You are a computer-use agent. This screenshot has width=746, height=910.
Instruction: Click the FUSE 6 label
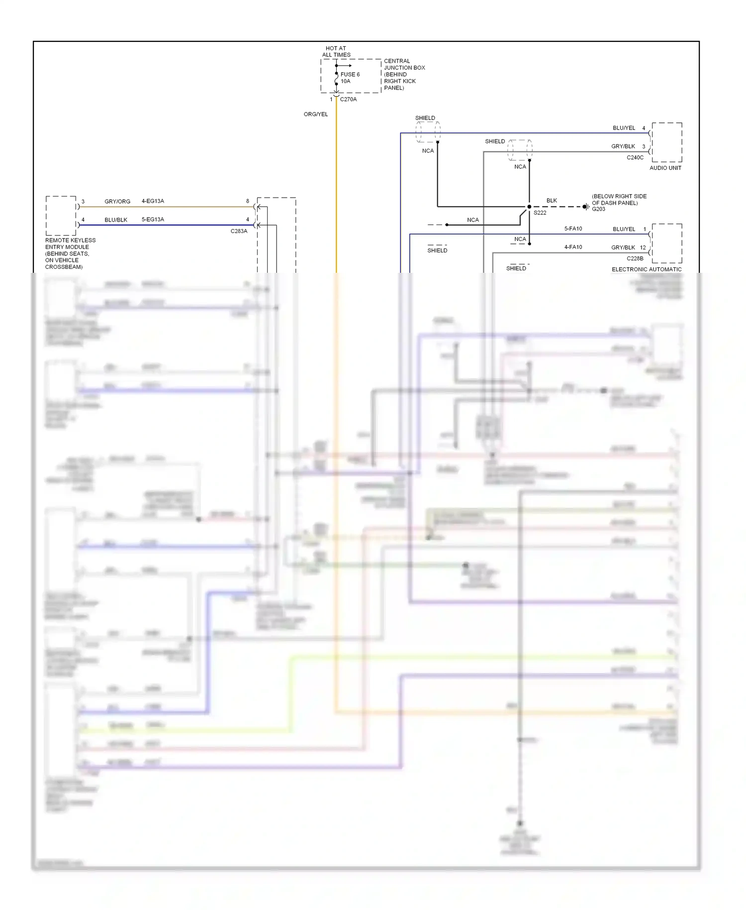pyautogui.click(x=350, y=74)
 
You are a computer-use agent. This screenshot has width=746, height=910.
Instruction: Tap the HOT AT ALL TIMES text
pyautogui.click(x=336, y=52)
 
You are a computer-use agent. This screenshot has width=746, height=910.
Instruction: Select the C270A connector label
pyautogui.click(x=348, y=99)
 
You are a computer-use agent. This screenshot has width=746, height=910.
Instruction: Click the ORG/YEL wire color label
pyautogui.click(x=316, y=114)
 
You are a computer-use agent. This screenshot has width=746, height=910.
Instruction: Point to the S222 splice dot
pyautogui.click(x=529, y=207)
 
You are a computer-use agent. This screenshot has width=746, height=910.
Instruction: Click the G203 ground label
pyautogui.click(x=598, y=209)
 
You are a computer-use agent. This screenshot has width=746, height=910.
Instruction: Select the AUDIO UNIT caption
pyautogui.click(x=665, y=168)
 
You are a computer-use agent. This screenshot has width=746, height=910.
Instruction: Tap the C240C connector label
pyautogui.click(x=635, y=157)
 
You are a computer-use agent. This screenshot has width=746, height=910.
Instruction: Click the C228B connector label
pyautogui.click(x=635, y=258)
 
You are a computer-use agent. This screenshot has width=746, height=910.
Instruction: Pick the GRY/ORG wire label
pyautogui.click(x=117, y=202)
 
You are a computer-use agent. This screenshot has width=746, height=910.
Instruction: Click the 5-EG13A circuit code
pyautogui.click(x=153, y=220)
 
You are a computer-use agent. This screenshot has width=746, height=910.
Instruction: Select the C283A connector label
pyautogui.click(x=239, y=231)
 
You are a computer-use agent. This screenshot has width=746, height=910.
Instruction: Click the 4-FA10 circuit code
pyautogui.click(x=573, y=247)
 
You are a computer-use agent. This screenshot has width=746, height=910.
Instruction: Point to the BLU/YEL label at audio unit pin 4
pyautogui.click(x=624, y=128)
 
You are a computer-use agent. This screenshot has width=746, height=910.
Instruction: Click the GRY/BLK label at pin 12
pyautogui.click(x=623, y=247)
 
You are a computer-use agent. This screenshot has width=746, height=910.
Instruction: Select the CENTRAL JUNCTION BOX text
pyautogui.click(x=404, y=64)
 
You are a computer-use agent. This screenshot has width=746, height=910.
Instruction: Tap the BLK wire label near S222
pyautogui.click(x=552, y=201)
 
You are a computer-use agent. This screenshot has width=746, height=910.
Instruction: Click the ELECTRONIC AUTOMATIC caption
pyautogui.click(x=647, y=269)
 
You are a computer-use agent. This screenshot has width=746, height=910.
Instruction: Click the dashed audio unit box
pyautogui.click(x=667, y=142)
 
